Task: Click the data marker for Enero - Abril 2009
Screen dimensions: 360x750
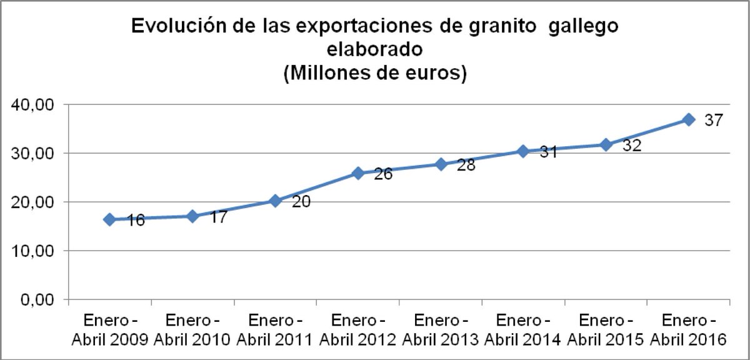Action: coord(109,219)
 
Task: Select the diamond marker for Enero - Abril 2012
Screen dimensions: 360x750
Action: coord(358,173)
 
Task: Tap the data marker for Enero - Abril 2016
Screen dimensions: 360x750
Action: coord(689,119)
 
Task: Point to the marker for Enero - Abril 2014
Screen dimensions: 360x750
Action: coord(523,151)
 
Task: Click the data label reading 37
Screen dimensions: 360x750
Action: coord(713,120)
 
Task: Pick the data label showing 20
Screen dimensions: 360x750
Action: coord(302,202)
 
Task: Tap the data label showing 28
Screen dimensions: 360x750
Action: coord(466,166)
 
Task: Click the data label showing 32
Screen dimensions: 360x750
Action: coord(631,146)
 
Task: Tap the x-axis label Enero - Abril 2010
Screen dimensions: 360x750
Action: coord(192,330)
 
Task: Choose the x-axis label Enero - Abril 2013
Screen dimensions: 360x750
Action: coord(440,330)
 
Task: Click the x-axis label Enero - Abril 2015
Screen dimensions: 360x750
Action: coord(606,330)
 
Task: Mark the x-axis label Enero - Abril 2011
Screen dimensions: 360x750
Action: coord(275,330)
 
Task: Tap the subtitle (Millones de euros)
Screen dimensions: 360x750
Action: coord(375,73)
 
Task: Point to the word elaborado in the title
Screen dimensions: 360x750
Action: coord(375,50)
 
